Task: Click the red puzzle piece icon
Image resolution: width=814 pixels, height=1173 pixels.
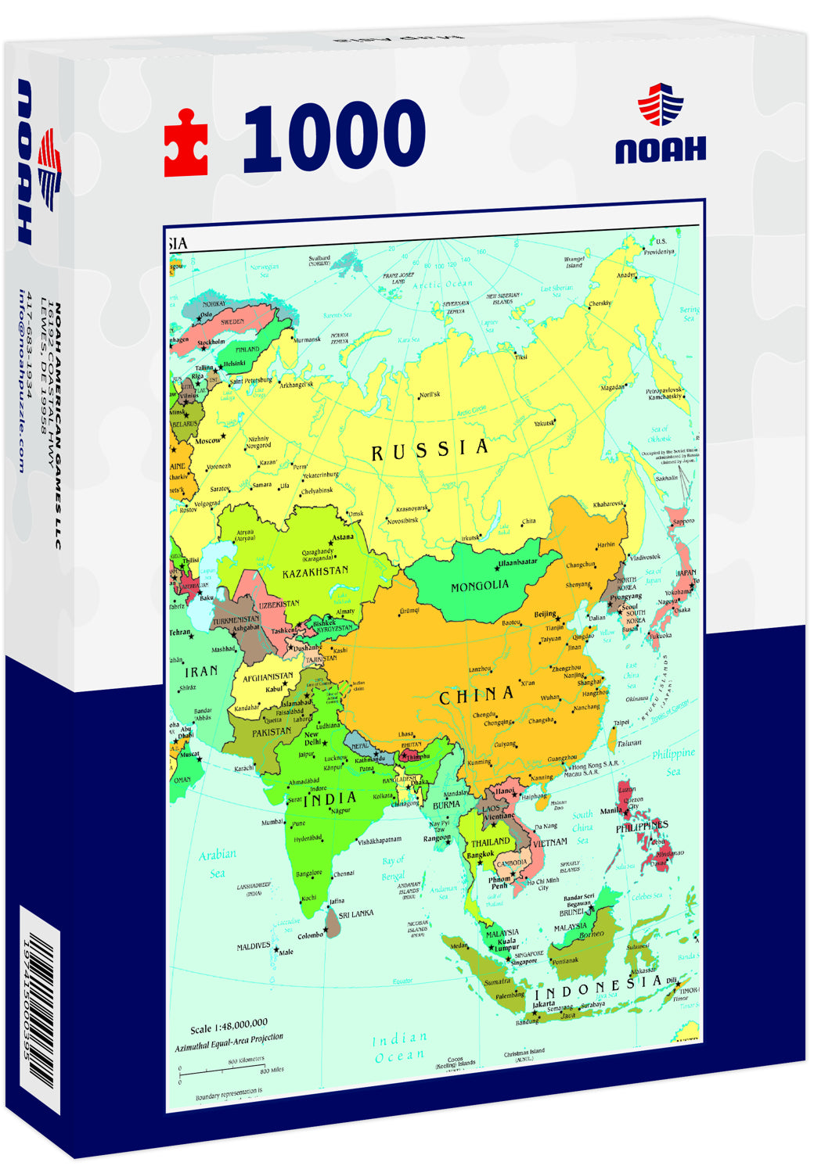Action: pyautogui.click(x=186, y=143)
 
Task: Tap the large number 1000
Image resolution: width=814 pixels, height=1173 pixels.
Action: pyautogui.click(x=334, y=137)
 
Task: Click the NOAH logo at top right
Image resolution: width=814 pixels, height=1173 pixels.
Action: pyautogui.click(x=660, y=129)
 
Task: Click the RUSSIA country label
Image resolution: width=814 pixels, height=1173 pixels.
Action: pyautogui.click(x=430, y=450)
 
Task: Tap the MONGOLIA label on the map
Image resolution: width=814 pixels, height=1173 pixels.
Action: pyautogui.click(x=479, y=586)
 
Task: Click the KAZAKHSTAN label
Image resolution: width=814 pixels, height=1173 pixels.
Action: pyautogui.click(x=315, y=572)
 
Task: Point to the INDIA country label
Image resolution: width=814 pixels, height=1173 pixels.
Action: pyautogui.click(x=330, y=799)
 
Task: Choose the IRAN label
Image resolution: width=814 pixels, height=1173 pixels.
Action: pyautogui.click(x=201, y=671)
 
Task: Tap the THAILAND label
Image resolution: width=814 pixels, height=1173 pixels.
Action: pyautogui.click(x=490, y=842)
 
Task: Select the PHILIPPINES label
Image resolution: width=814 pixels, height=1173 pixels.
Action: pyautogui.click(x=641, y=827)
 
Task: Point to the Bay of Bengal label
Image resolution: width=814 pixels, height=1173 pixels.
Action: pyautogui.click(x=393, y=868)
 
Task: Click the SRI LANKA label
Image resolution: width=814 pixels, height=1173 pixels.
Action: pyautogui.click(x=356, y=913)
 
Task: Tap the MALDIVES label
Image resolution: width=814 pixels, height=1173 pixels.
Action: pyautogui.click(x=254, y=947)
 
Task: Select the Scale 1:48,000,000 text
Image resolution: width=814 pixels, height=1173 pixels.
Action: pyautogui.click(x=229, y=1024)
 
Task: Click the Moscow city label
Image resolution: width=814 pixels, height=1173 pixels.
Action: pyautogui.click(x=207, y=441)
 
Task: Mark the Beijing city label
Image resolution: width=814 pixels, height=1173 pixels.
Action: pyautogui.click(x=546, y=615)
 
